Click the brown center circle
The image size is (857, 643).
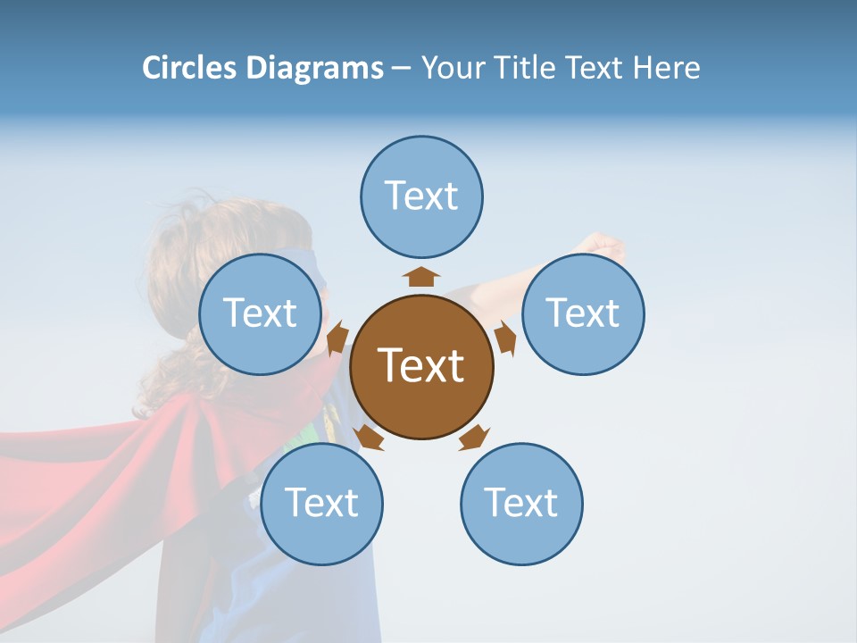(x=421, y=366)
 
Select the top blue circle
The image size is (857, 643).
(x=421, y=196)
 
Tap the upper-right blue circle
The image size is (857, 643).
(x=583, y=313)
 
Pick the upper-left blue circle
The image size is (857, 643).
(x=260, y=313)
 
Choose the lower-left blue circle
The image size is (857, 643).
(x=321, y=504)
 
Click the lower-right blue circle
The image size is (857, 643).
(x=521, y=504)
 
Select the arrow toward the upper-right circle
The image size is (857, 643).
(x=505, y=338)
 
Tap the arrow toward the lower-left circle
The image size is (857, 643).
(x=369, y=437)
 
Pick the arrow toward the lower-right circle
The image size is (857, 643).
(x=474, y=437)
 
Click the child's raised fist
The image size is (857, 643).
(x=605, y=246)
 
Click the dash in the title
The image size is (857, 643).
(x=401, y=69)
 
